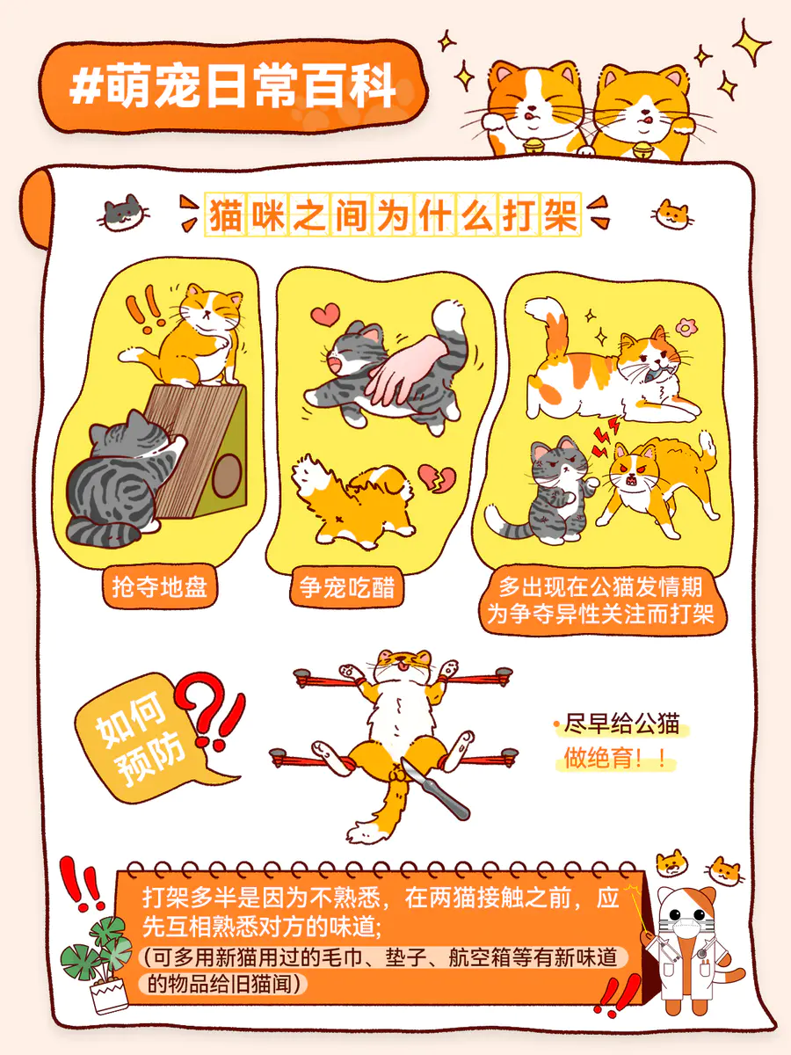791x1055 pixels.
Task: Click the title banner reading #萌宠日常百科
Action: click(x=233, y=86)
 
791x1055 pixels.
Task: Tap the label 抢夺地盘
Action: click(x=159, y=587)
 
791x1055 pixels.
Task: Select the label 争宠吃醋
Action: click(x=347, y=587)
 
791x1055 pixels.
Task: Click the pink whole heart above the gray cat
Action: click(x=325, y=315)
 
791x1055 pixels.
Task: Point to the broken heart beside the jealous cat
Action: click(x=437, y=477)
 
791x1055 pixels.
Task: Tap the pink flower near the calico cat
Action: click(x=686, y=327)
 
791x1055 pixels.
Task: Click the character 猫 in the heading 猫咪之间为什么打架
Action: click(x=226, y=215)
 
